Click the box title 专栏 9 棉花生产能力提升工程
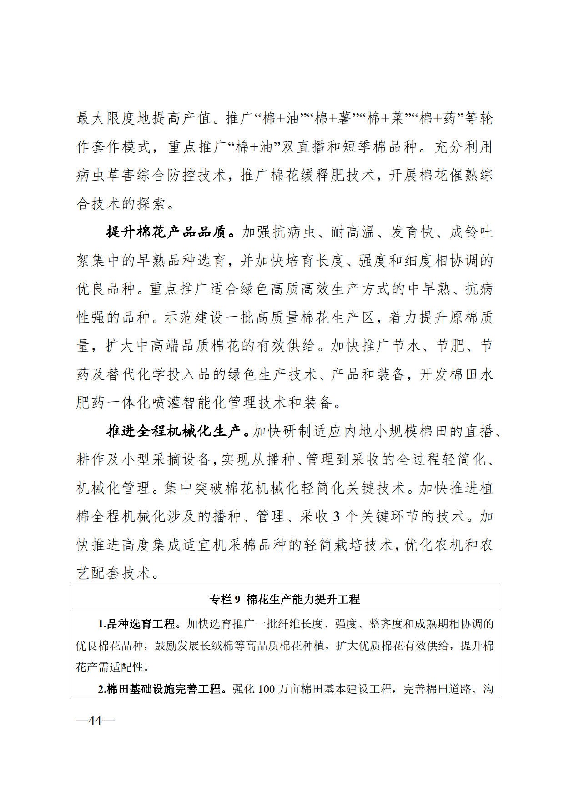coord(284,599)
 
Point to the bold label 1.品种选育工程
coord(136,624)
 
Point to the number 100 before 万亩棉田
coord(267,689)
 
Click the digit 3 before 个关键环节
coord(337,517)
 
